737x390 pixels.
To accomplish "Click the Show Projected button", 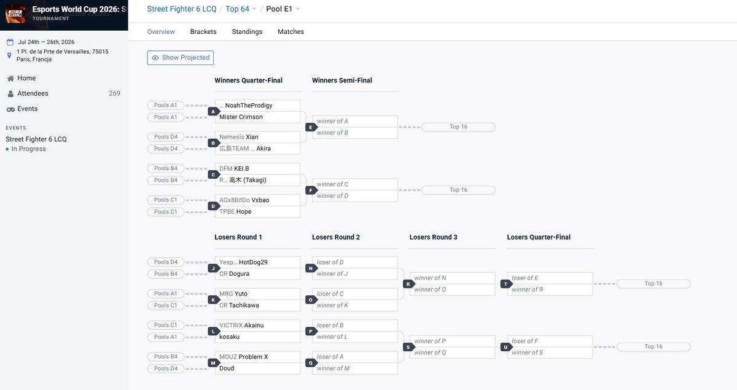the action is [x=181, y=58].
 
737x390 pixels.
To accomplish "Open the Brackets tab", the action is [x=203, y=31].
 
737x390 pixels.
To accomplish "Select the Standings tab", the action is [x=247, y=31].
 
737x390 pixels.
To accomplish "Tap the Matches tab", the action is [x=291, y=31].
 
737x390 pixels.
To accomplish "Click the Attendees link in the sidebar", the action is [x=33, y=93].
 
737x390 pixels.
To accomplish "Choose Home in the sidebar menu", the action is [x=26, y=78].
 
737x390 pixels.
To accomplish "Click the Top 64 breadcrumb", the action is [x=237, y=9].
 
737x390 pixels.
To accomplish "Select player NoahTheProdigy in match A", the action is [x=257, y=105].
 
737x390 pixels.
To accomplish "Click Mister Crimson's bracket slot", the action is [x=257, y=117].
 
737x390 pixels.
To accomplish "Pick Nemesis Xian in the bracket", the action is [x=257, y=137].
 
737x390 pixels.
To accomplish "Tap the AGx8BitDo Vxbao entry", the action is [x=257, y=200].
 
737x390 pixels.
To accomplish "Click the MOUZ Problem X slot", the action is [x=257, y=357].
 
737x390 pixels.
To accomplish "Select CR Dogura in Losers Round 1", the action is [x=257, y=273].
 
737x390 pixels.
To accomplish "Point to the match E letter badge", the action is [x=311, y=127].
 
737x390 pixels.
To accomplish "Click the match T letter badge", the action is [x=505, y=284].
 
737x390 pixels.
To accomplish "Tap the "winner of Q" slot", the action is [x=452, y=353].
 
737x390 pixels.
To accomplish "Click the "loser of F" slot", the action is [x=550, y=341].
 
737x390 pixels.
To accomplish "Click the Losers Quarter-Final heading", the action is [x=539, y=237].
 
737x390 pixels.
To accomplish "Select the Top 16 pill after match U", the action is [x=653, y=346].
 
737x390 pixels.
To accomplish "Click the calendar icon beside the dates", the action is [x=10, y=42].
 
